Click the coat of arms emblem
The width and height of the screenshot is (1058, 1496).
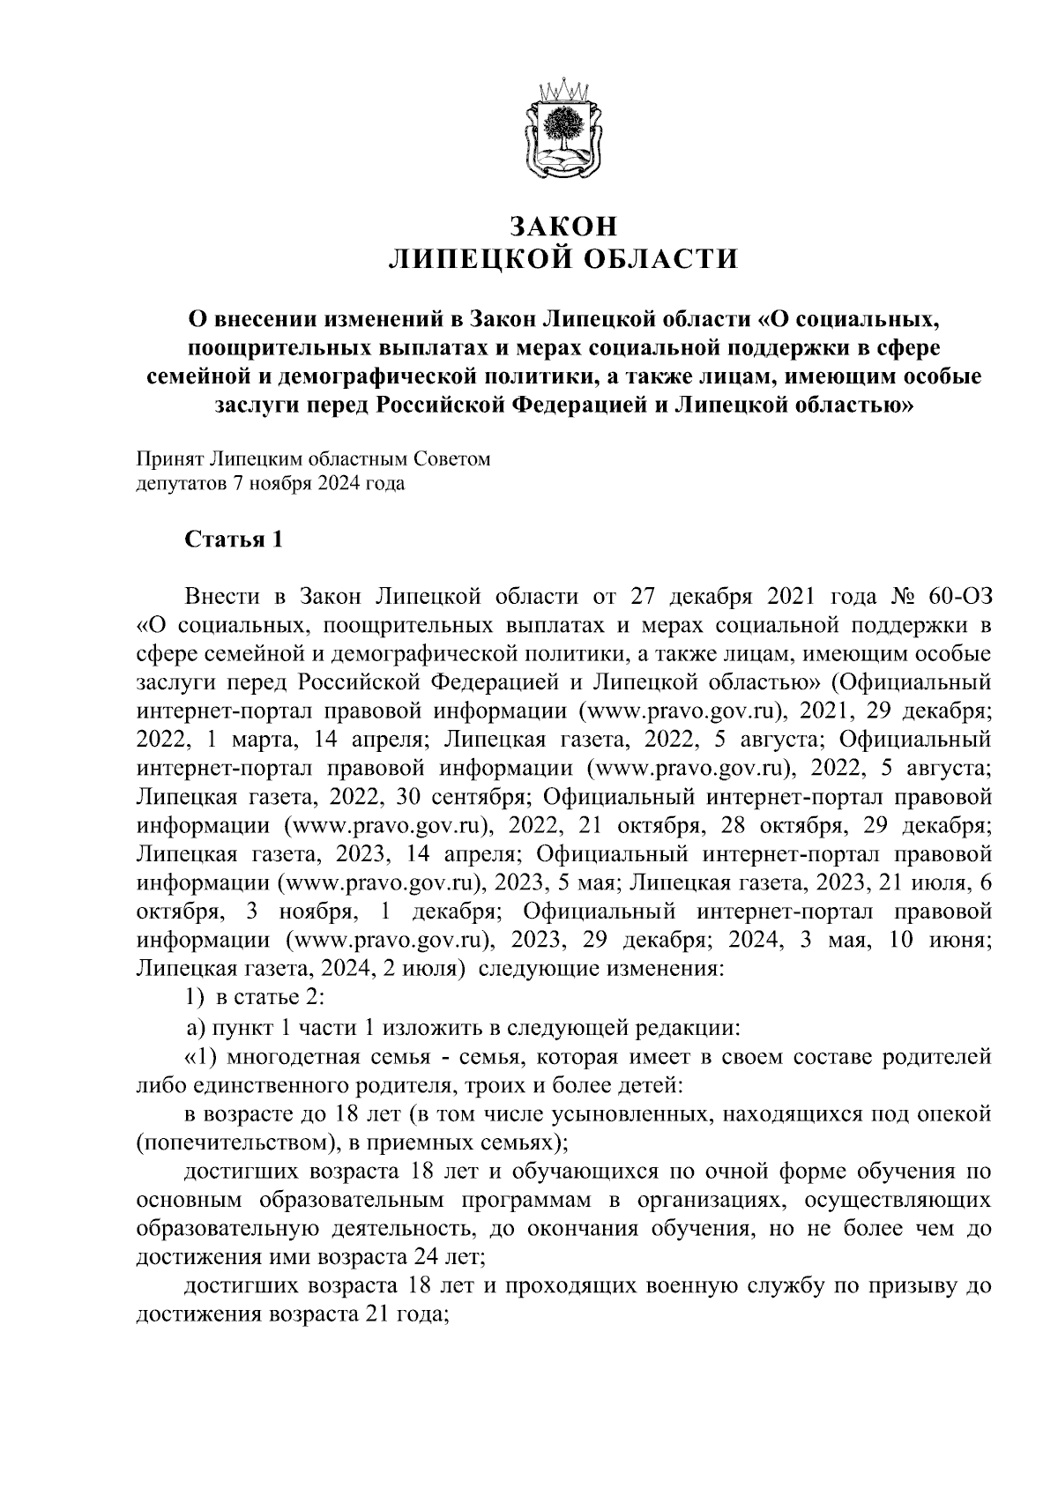click(563, 130)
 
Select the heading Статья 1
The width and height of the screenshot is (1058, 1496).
click(234, 540)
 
